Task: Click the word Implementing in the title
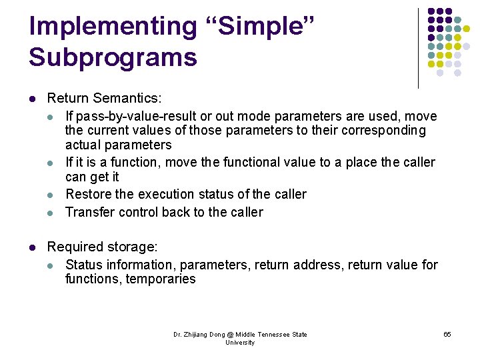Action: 113,27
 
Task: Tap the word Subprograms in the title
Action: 113,57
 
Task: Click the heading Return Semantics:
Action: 104,99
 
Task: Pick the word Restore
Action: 88,195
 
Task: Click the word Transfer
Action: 89,213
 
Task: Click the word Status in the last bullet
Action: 84,265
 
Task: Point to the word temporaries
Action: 163,279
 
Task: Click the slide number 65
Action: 447,334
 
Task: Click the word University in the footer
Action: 240,343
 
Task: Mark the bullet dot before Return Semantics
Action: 32,99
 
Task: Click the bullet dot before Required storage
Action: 32,248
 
